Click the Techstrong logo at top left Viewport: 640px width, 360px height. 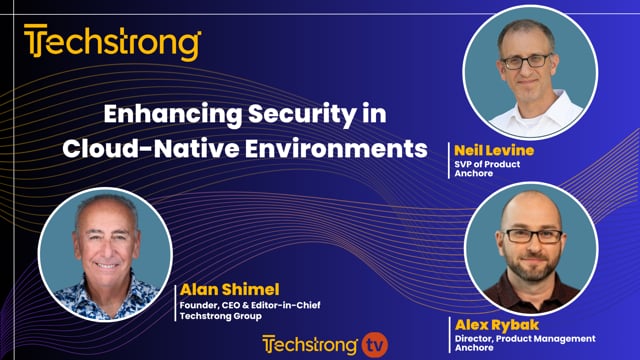click(112, 44)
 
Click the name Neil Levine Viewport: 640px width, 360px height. click(494, 150)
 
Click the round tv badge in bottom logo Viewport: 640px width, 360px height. click(373, 344)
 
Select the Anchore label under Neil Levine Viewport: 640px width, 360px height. click(472, 175)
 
